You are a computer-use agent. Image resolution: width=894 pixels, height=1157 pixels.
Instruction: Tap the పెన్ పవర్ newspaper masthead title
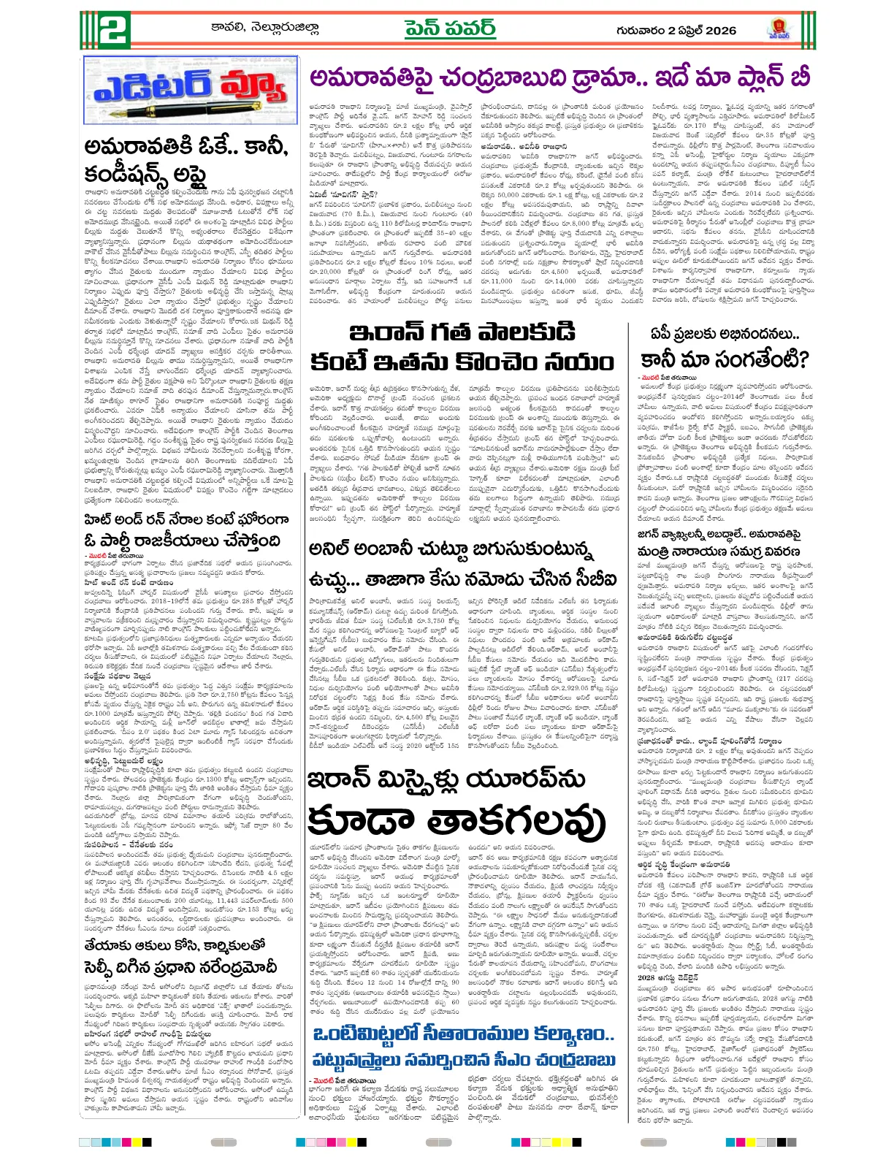coord(450,29)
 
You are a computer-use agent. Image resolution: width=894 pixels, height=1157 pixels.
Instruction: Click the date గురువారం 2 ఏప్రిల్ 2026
coord(676,30)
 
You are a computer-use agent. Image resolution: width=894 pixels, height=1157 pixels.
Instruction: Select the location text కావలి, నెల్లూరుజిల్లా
coord(265,29)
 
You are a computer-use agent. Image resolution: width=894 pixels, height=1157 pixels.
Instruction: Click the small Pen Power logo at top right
coord(779,30)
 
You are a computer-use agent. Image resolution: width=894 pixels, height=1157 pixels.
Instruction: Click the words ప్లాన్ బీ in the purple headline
coord(767,77)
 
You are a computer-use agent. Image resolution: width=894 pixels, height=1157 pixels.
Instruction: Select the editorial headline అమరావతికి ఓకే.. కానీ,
coord(186,147)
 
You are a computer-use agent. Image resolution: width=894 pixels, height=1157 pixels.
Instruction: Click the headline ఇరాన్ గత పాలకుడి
coord(462,332)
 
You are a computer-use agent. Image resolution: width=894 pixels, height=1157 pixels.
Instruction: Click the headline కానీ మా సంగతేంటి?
coord(725,359)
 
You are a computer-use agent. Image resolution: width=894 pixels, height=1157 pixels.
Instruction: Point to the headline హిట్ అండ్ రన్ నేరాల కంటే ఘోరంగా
coord(186,520)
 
